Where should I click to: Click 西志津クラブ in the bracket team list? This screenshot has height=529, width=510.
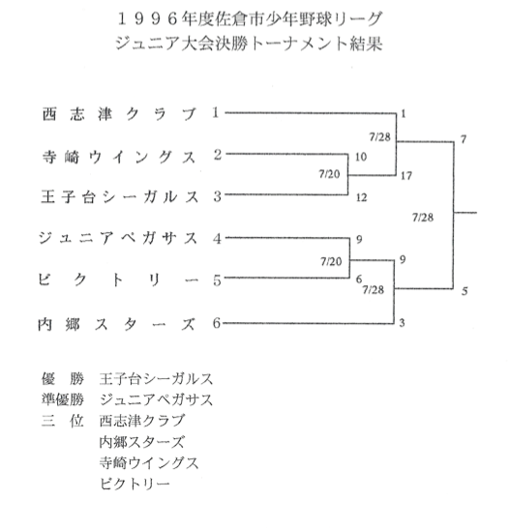coord(119,114)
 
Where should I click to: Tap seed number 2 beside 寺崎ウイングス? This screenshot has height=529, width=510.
coord(218,155)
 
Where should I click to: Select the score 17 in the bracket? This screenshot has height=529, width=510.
coord(406,176)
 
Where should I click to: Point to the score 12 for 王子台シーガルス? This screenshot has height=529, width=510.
coord(362,197)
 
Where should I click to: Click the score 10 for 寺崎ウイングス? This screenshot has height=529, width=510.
coord(361,157)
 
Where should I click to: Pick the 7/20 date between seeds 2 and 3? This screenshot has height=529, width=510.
coord(329,174)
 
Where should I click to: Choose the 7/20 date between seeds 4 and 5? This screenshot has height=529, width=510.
coord(331,261)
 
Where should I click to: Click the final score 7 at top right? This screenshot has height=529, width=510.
coord(464,139)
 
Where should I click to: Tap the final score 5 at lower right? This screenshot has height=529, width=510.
coord(465,291)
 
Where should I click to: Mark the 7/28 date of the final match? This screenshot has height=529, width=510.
coord(423,218)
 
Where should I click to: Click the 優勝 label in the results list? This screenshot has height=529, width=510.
coord(63,378)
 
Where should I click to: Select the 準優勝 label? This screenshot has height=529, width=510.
coord(63,399)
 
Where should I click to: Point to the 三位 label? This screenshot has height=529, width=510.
coord(63,421)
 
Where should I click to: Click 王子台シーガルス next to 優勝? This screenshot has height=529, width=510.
coord(156,378)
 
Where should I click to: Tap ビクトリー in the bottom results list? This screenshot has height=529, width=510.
coord(135,484)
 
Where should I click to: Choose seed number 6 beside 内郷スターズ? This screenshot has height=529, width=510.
coord(217,323)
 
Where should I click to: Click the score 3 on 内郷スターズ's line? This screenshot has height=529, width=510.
coord(402,323)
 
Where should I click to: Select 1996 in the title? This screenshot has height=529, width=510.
coord(147,19)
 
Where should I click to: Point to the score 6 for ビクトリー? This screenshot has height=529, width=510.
coord(359,279)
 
